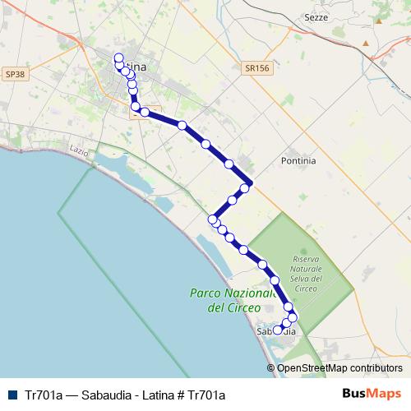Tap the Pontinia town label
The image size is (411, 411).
click(x=298, y=161)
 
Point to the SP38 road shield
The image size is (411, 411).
click(x=14, y=73)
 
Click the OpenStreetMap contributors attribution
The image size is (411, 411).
click(x=339, y=368)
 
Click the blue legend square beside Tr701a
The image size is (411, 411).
click(x=11, y=395)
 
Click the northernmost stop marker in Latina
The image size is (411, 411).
click(x=118, y=58)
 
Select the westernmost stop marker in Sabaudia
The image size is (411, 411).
click(x=278, y=330)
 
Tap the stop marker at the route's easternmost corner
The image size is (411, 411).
click(x=249, y=183)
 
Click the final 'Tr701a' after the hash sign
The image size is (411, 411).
click(x=207, y=395)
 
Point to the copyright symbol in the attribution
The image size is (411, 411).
click(x=271, y=368)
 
